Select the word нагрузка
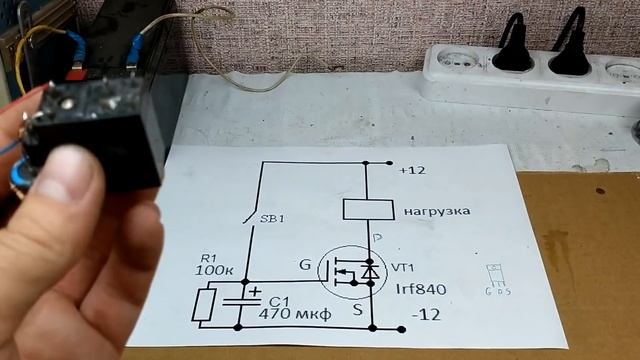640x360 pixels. click(437, 212)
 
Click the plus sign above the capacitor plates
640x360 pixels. click(255, 292)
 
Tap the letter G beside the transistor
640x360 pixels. click(305, 265)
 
